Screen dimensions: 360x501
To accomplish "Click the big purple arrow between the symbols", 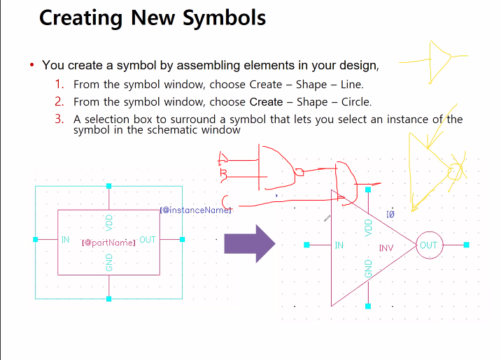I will (249, 243).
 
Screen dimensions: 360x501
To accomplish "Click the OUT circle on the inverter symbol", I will (428, 245).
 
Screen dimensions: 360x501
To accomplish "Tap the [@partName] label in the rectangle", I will (108, 243).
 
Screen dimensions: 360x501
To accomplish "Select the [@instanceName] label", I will (195, 210).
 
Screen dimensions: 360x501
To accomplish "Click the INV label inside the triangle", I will (387, 248).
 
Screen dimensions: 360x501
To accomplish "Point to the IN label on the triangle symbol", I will (339, 245).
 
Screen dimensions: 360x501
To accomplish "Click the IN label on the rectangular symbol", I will (65, 240).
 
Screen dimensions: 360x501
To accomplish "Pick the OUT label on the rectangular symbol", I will (147, 240).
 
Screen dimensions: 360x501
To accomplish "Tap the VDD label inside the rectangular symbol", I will (108, 222).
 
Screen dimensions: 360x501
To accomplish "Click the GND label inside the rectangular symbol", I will (108, 263).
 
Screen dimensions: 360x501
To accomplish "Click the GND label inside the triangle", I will (369, 268).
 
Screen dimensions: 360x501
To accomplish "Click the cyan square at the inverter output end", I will (467, 245).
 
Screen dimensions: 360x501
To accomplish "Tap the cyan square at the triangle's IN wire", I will (306, 245).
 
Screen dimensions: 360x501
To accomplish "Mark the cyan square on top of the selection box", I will (108, 186).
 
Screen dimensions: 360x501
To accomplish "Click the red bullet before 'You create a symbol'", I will (32, 66).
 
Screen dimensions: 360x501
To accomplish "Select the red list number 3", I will (59, 119).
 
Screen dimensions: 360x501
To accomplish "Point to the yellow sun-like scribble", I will (456, 170).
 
